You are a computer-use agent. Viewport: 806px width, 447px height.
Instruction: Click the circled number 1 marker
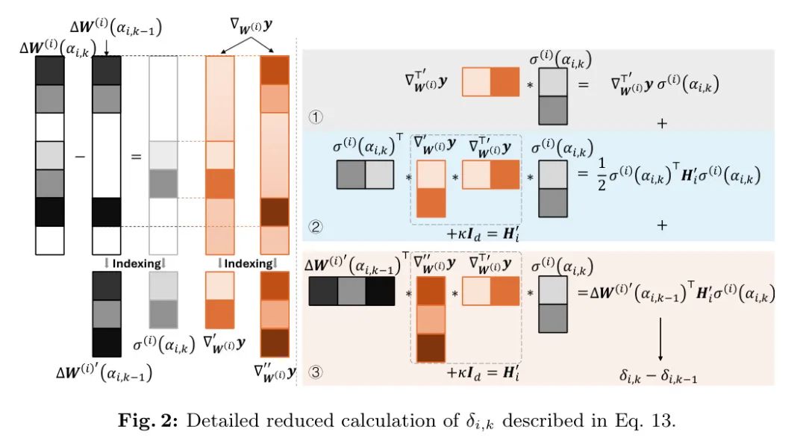[315, 117]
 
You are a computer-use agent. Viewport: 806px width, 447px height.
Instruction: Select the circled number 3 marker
[315, 372]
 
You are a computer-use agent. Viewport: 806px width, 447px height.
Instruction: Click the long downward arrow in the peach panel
[659, 339]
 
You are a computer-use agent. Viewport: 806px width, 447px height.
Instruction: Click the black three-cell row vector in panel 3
[352, 290]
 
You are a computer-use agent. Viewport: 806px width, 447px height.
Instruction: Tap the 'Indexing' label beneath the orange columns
[248, 263]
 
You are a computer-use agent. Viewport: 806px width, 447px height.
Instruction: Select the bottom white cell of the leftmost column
[50, 240]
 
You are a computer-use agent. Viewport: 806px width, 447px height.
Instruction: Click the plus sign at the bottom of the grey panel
[660, 123]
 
